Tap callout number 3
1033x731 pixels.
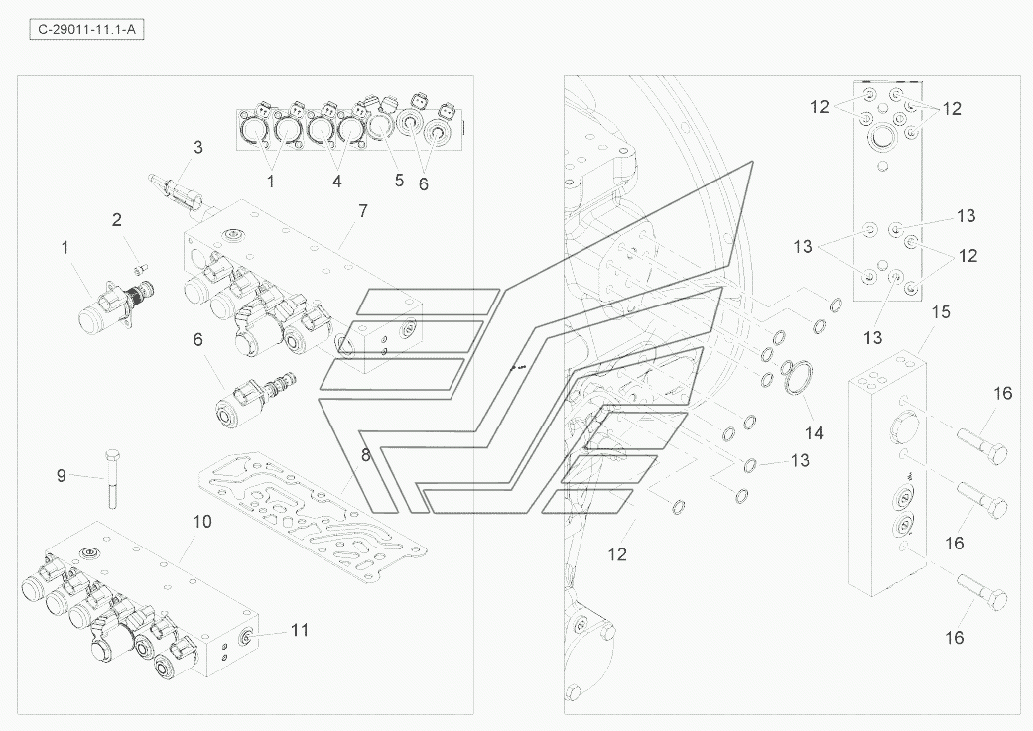click(197, 148)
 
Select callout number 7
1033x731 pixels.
click(363, 210)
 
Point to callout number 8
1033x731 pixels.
click(365, 456)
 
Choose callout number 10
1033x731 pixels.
click(202, 521)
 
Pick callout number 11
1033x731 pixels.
click(299, 629)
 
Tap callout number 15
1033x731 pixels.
click(941, 311)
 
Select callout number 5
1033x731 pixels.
click(399, 181)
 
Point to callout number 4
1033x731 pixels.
click(336, 181)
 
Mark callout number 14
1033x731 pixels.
click(814, 432)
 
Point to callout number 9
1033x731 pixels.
click(62, 475)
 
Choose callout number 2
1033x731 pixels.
click(116, 219)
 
